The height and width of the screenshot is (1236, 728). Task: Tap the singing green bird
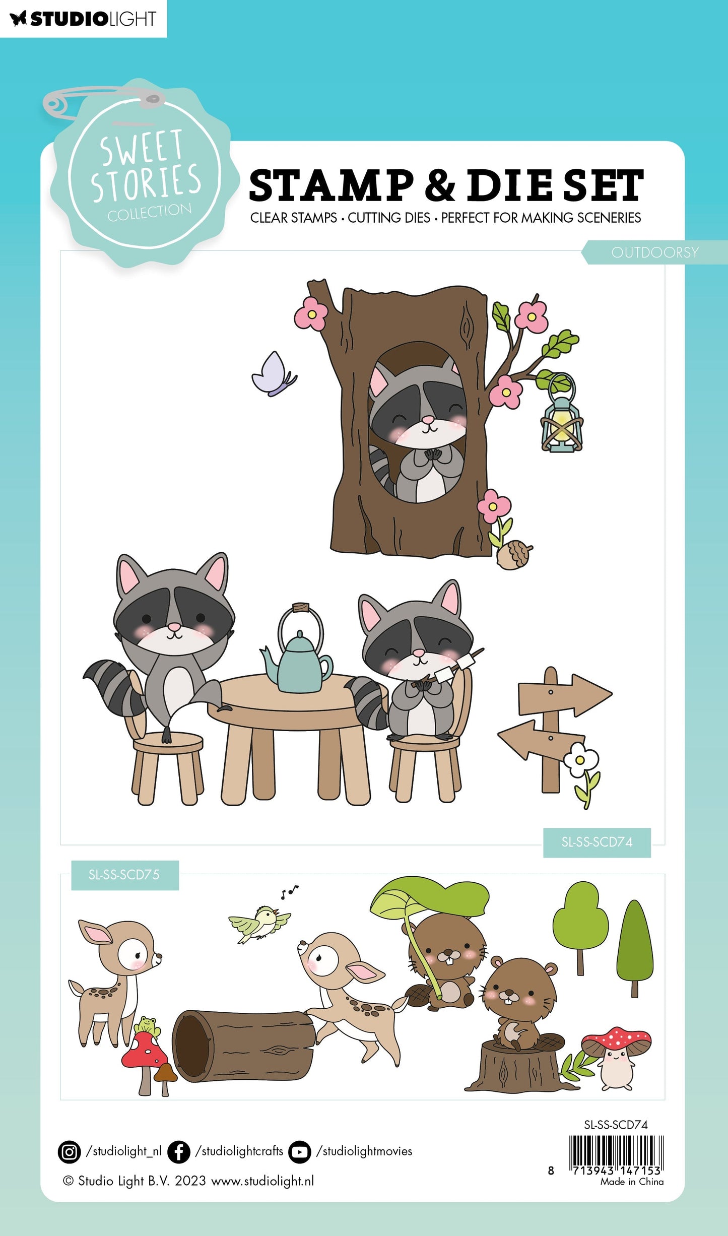pyautogui.click(x=259, y=923)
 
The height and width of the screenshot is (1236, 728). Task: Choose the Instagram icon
pyautogui.click(x=69, y=1152)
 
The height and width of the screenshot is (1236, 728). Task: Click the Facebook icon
pyautogui.click(x=178, y=1152)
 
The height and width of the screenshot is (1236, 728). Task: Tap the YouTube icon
pyautogui.click(x=300, y=1152)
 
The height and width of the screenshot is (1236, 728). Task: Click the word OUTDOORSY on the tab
pyautogui.click(x=655, y=252)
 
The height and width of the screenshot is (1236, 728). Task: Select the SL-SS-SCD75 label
pyautogui.click(x=124, y=875)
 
